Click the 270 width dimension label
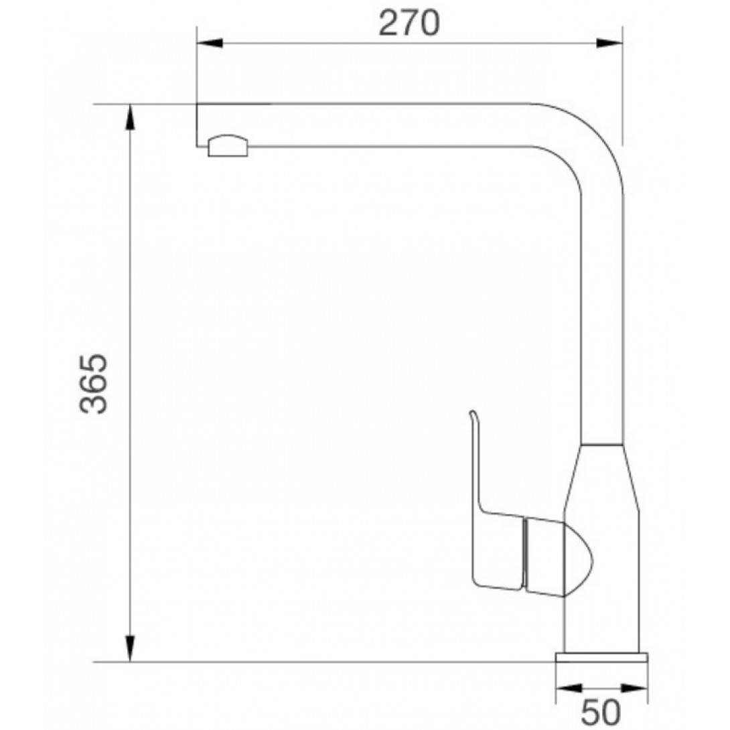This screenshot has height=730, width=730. coord(409,23)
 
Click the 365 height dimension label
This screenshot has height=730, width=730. coord(94,384)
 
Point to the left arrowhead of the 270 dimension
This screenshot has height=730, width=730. coord(210,44)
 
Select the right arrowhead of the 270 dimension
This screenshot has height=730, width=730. coord(609,44)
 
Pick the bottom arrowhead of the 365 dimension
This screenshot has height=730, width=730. coord(131,648)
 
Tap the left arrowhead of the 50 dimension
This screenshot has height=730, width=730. coord(569,687)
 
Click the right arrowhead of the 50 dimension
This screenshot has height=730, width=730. coord(634,687)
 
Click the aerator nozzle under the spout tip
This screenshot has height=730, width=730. coord(228,146)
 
